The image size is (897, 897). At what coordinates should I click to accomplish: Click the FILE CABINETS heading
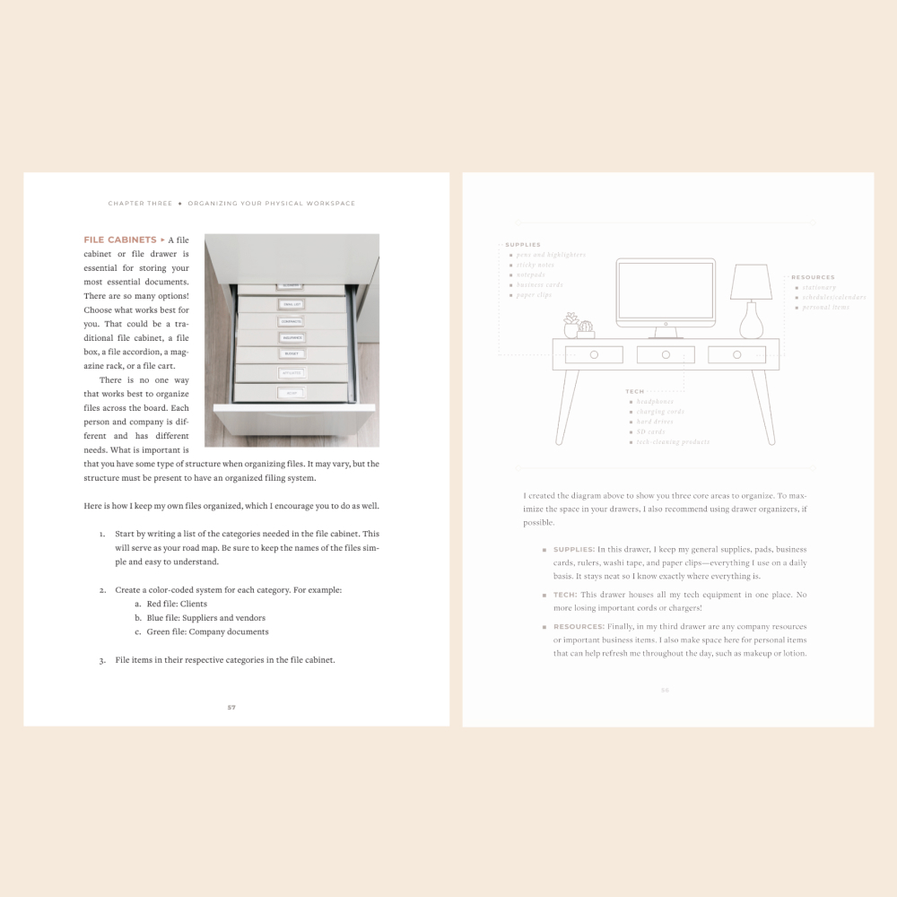tap(119, 240)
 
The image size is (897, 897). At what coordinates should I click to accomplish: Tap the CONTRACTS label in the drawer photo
tap(290, 320)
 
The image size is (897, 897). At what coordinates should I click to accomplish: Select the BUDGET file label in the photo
tap(290, 354)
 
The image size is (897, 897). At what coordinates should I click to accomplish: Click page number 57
tap(231, 707)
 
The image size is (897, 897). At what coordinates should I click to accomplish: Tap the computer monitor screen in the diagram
tap(665, 292)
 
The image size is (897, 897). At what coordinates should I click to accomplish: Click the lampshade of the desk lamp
tap(752, 283)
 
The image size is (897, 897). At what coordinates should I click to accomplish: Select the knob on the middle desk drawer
tap(666, 355)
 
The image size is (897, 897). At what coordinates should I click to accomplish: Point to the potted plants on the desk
tap(579, 325)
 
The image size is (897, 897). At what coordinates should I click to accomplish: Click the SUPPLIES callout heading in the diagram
tap(523, 245)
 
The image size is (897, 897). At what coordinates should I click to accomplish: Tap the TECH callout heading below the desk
tap(635, 392)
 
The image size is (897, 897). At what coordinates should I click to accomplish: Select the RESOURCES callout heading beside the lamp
tap(813, 277)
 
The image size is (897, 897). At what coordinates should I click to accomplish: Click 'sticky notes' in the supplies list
tap(535, 265)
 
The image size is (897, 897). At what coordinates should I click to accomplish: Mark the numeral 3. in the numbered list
tap(103, 660)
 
